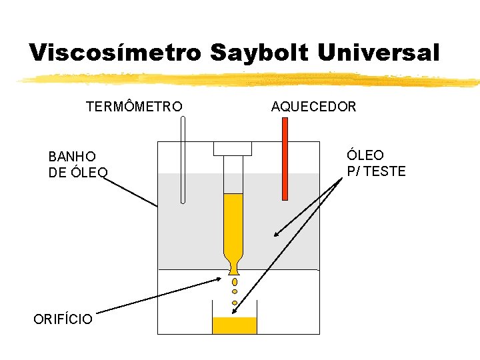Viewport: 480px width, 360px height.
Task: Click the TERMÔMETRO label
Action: click(x=134, y=107)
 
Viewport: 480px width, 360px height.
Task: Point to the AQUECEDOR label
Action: click(x=313, y=107)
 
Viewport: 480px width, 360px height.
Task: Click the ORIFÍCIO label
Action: click(x=63, y=319)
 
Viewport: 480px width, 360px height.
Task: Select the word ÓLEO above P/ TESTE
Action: click(x=365, y=155)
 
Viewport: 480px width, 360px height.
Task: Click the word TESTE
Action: click(x=385, y=171)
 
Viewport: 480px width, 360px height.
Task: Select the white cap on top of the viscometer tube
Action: click(x=232, y=148)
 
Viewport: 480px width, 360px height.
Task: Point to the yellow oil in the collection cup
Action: click(x=234, y=325)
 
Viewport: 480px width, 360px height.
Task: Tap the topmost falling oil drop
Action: click(x=235, y=282)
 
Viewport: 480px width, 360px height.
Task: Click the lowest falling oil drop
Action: click(x=235, y=303)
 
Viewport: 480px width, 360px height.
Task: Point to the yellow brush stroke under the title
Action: click(x=247, y=80)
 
